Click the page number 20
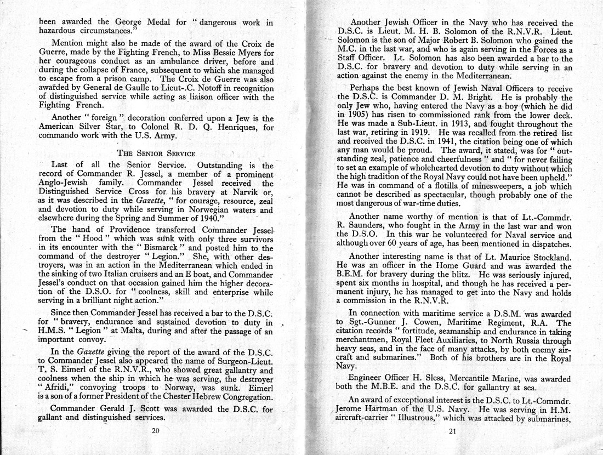[155, 430]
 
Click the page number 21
[452, 431]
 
